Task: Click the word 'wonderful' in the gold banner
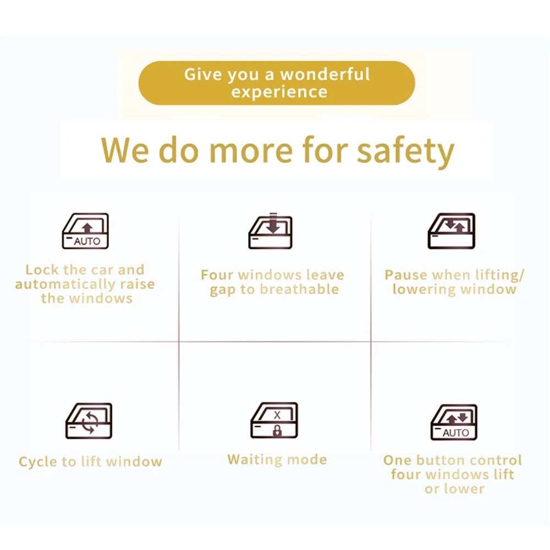(325, 74)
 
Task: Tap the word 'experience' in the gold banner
(279, 92)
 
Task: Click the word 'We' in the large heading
(124, 150)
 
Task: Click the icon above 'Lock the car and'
(85, 231)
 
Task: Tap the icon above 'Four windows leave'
(271, 231)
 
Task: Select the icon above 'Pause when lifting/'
(452, 231)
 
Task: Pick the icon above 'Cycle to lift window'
(89, 421)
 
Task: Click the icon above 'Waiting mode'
(274, 420)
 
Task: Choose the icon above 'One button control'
(454, 422)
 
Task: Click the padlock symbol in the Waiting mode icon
(277, 431)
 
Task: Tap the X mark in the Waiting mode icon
(277, 415)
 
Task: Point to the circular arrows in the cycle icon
(90, 422)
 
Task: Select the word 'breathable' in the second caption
(300, 289)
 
